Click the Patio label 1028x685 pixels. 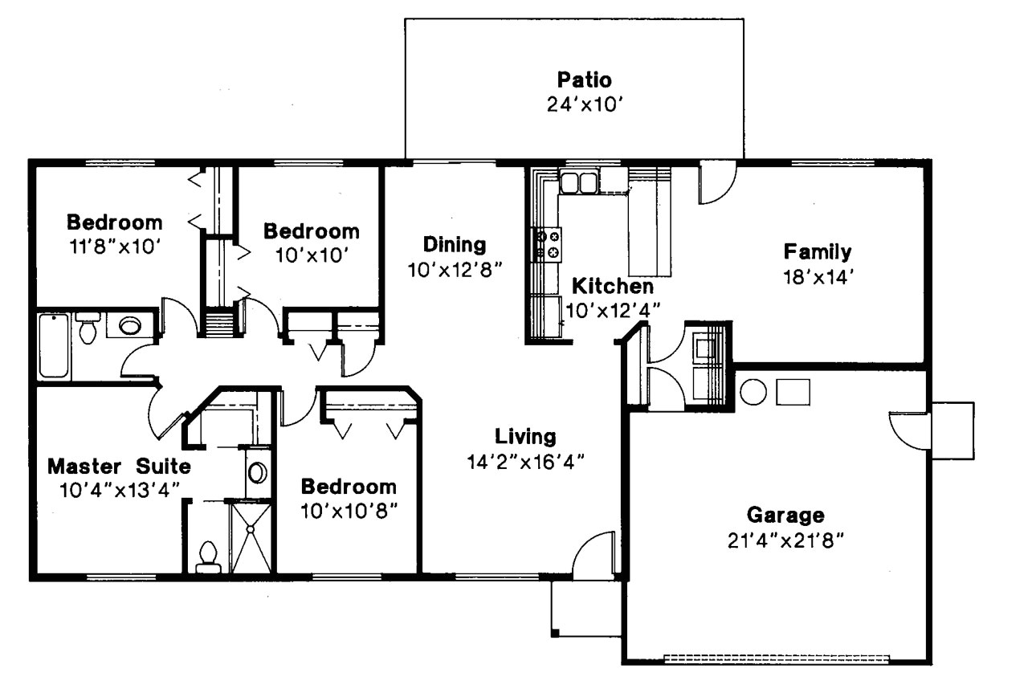click(584, 80)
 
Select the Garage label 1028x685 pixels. click(785, 515)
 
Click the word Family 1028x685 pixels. click(818, 252)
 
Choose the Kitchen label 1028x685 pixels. click(612, 286)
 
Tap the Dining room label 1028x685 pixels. click(455, 244)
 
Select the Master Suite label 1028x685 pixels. click(119, 466)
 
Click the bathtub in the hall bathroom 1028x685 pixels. click(55, 346)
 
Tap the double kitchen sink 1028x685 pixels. click(578, 182)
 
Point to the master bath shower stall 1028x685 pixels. click(251, 535)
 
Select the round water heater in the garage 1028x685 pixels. click(753, 392)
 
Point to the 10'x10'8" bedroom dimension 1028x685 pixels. click(349, 510)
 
